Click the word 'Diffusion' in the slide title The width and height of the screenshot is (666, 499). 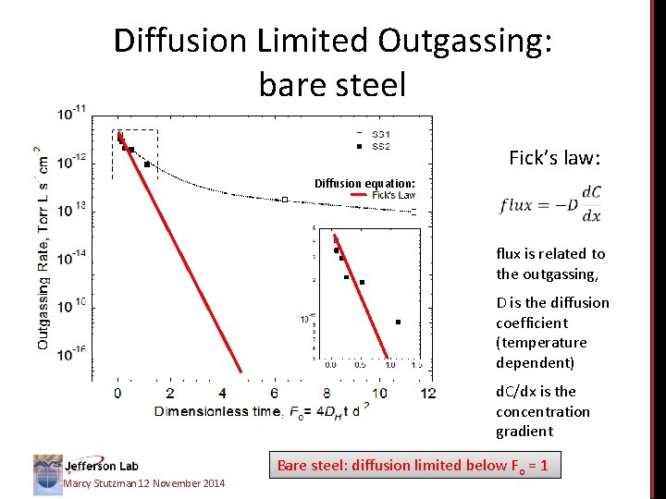coord(177,41)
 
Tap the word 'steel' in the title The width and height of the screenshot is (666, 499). coord(369,85)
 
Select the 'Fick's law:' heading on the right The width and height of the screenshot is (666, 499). coord(555,158)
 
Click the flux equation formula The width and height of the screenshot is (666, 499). coord(551,204)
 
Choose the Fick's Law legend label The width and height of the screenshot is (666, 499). coord(393,195)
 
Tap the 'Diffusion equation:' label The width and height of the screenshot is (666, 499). coord(364,183)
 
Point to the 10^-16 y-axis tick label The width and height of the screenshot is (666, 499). coord(73,351)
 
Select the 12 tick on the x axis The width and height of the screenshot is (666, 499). coord(427,393)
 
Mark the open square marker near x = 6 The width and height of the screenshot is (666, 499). coord(285,199)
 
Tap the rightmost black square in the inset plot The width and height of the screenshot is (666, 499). coord(398,322)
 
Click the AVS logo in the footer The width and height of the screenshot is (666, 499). coord(48,470)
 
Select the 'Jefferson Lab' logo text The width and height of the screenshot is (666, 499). coord(102,466)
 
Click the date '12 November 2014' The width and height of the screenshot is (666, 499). coord(175,484)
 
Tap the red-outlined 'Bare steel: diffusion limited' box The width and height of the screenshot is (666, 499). coord(413,466)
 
